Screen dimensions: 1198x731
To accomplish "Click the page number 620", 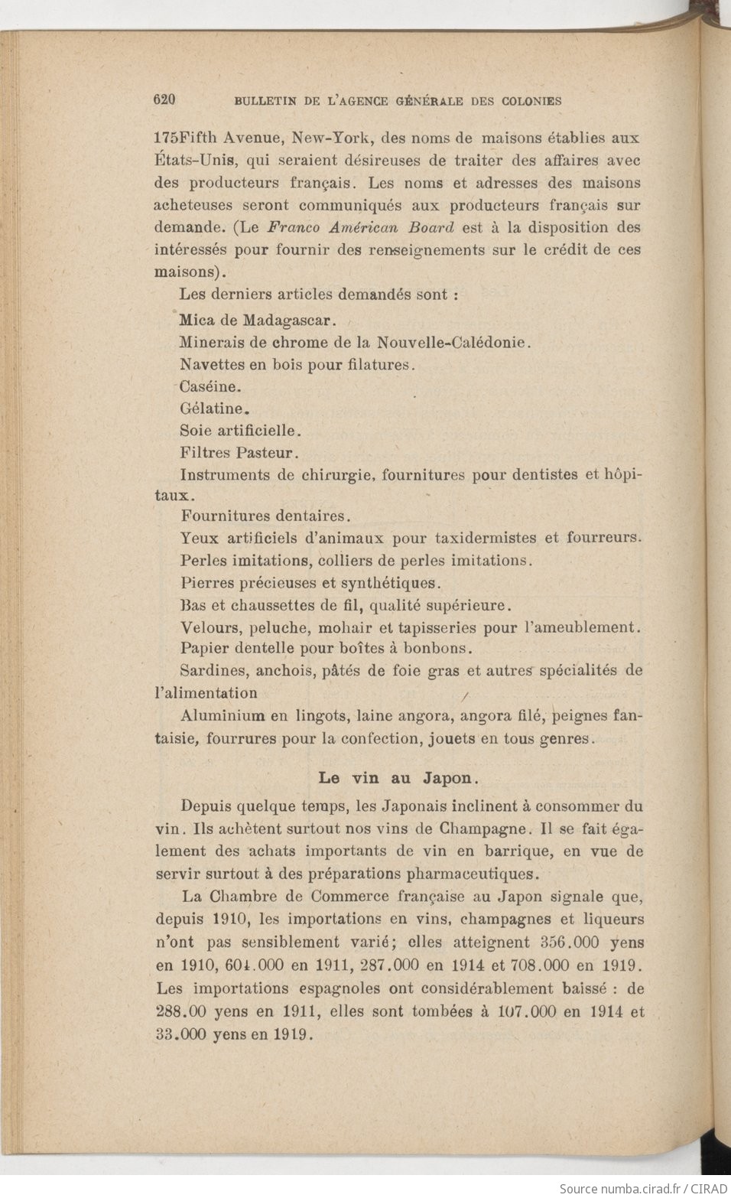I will (x=165, y=99).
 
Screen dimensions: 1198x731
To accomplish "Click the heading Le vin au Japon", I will (x=398, y=778).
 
